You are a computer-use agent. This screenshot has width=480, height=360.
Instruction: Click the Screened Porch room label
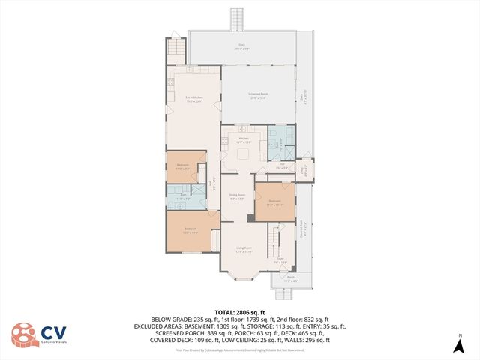click(259, 95)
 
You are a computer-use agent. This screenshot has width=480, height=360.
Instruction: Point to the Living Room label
click(244, 249)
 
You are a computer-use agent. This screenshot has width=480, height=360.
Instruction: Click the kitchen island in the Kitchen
click(244, 154)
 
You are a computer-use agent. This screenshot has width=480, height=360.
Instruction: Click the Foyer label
click(280, 261)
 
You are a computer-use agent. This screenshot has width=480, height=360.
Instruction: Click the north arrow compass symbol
click(459, 344)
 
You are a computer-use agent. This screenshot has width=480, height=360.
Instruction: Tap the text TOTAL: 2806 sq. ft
click(240, 312)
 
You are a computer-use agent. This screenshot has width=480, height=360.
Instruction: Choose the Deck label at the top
click(241, 46)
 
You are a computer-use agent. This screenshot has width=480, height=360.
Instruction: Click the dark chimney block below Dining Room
click(250, 218)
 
